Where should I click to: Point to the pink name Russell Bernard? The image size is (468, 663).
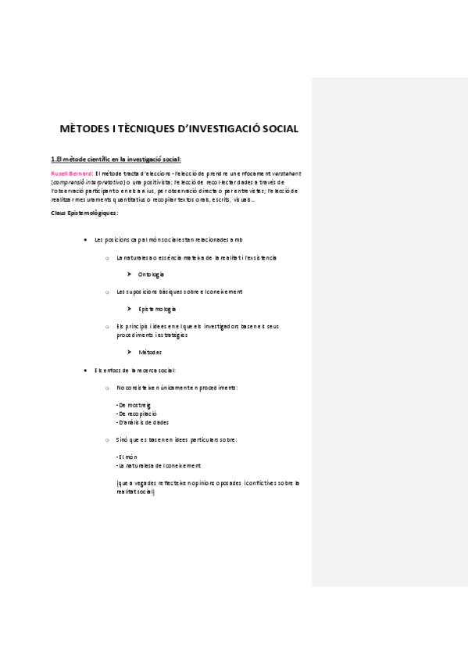[71, 173]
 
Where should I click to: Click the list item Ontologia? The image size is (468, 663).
[151, 274]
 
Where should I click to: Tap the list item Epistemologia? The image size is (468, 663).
[156, 309]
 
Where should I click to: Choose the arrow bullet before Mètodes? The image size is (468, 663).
[129, 352]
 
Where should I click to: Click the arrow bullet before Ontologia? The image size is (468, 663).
[129, 274]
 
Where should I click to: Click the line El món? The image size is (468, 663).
[125, 456]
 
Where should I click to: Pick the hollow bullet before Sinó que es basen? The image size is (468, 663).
[107, 439]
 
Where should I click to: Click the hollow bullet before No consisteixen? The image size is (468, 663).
[107, 387]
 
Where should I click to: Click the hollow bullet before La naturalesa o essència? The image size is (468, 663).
[107, 257]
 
